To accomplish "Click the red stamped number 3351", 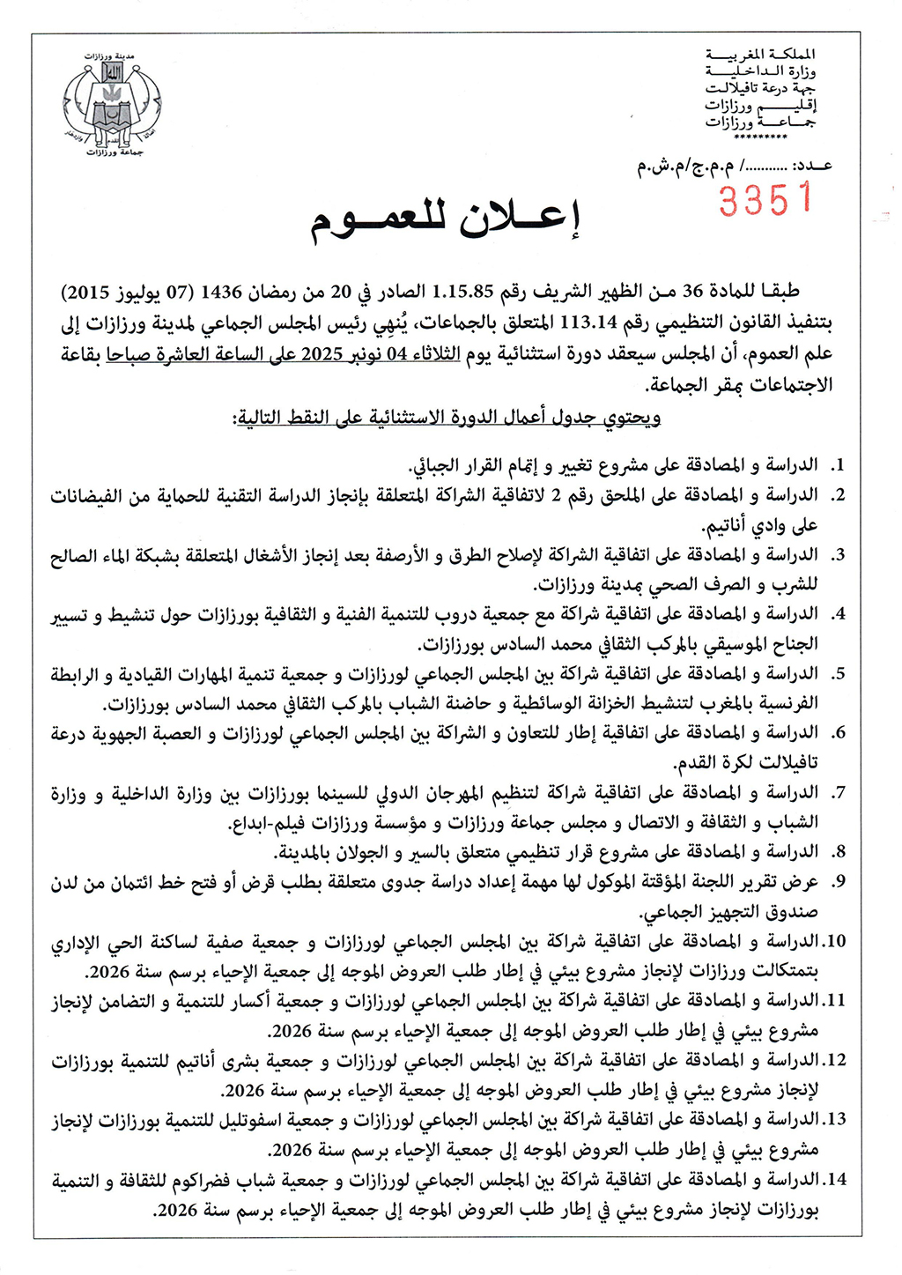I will pyautogui.click(x=765, y=199).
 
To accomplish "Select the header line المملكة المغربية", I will pyautogui.click(x=761, y=55).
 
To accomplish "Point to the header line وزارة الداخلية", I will pyautogui.click(x=761, y=71).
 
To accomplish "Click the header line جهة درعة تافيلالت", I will pyautogui.click(x=761, y=88).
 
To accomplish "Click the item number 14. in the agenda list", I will pyautogui.click(x=834, y=1179).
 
